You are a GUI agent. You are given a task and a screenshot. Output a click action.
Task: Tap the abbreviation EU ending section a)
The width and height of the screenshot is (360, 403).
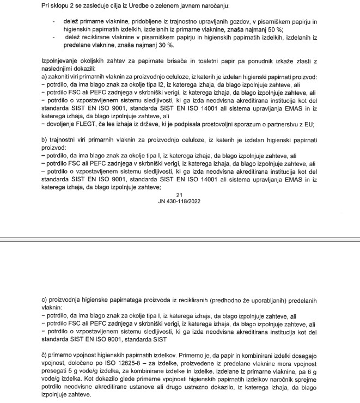[x=310, y=124]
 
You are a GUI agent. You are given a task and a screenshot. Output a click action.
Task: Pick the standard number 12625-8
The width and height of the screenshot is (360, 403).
[x=156, y=363]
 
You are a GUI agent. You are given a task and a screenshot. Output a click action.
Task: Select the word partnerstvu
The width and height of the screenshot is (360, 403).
[x=283, y=124]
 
